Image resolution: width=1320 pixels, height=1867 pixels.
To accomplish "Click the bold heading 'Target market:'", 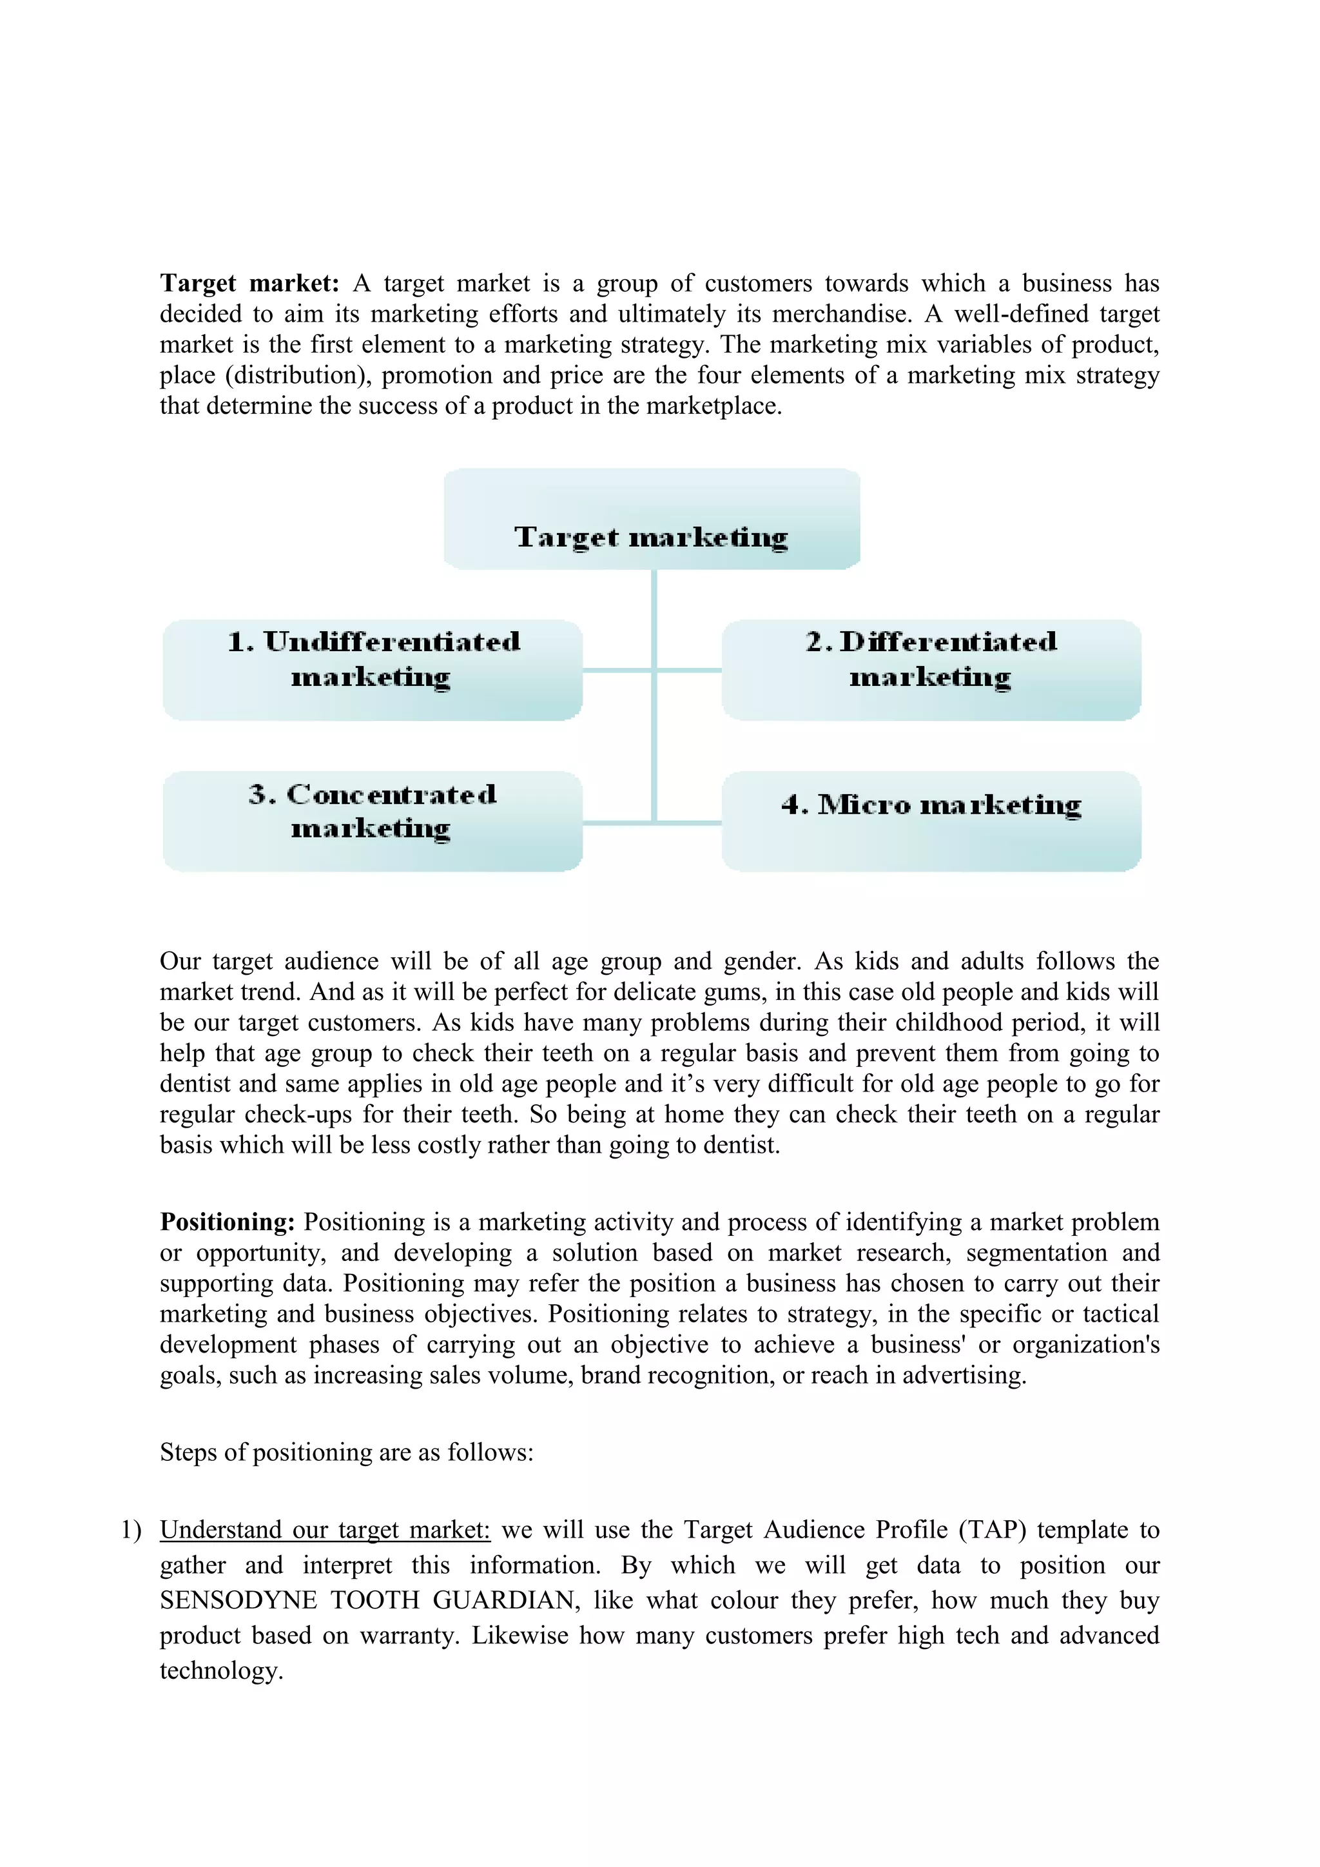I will click(249, 284).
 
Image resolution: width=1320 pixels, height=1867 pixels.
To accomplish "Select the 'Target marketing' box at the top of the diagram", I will click(651, 520).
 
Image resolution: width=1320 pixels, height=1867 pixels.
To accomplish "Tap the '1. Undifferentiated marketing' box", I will click(373, 670).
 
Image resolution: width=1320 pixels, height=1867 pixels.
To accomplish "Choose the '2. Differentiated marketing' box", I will click(931, 670).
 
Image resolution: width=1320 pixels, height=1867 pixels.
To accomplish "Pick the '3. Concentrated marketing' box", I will click(373, 821).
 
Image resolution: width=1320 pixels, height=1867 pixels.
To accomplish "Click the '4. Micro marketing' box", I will click(931, 821).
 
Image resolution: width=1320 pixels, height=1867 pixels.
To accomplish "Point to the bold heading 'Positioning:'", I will click(227, 1222).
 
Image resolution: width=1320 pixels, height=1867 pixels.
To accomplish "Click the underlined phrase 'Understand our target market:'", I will click(325, 1530).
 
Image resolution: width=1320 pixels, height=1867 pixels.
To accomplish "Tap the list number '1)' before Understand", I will click(131, 1530).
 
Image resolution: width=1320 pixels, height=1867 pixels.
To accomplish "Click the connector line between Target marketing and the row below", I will click(654, 618).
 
